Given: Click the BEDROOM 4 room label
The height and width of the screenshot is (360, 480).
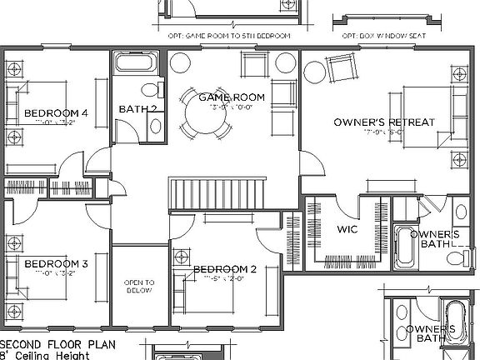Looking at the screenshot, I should click(56, 113).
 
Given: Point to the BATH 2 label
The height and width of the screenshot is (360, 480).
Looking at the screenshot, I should click(137, 109).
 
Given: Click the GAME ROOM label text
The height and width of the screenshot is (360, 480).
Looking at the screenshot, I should click(232, 97).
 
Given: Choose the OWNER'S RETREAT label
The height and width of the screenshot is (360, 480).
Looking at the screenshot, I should click(384, 122).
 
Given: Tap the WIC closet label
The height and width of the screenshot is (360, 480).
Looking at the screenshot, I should click(347, 229).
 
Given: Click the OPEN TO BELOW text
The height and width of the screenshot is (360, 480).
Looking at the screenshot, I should click(139, 287).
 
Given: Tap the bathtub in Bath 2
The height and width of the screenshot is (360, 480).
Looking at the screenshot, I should click(134, 64).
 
